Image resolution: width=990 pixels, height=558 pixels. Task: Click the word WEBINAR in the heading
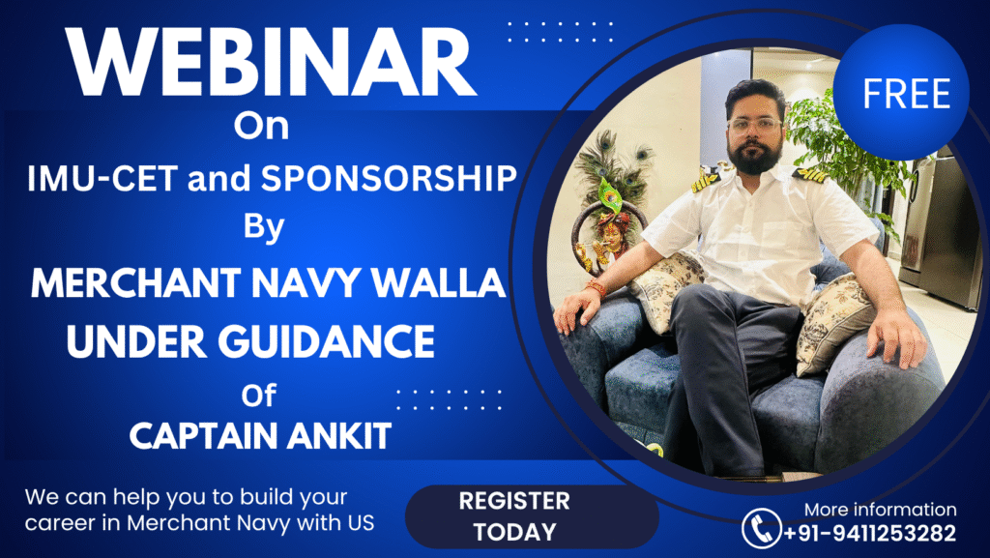pos(271,62)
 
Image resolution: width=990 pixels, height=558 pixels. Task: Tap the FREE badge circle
pos(901,92)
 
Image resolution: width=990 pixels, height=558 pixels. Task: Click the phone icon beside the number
pos(762,528)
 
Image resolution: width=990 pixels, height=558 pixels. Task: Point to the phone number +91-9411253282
pos(870,534)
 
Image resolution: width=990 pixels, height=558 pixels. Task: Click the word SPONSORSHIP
pos(389,178)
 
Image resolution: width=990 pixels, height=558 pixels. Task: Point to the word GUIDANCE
pos(326,341)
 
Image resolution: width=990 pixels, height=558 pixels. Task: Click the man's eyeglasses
pos(755,124)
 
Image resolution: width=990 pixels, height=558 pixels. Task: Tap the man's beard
pos(754,155)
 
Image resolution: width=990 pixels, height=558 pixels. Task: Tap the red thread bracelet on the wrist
pos(596,288)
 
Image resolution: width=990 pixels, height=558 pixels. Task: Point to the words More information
pos(880,510)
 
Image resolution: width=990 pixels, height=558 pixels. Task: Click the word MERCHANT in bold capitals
pos(135,282)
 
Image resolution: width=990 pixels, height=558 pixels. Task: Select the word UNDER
pos(136,341)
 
